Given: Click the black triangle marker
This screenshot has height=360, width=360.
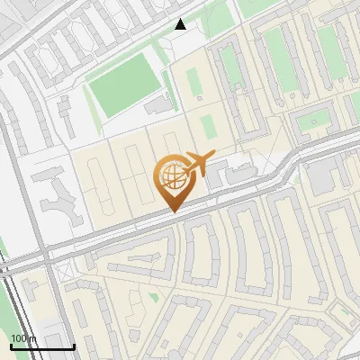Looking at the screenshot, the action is pyautogui.click(x=181, y=24).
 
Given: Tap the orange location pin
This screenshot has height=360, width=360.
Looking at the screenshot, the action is pyautogui.click(x=173, y=185).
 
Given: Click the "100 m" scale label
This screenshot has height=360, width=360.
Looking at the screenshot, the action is pyautogui.click(x=22, y=337).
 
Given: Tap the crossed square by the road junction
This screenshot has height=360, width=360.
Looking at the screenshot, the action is pyautogui.click(x=60, y=271).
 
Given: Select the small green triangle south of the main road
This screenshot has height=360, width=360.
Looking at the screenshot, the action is pyautogui.click(x=154, y=295).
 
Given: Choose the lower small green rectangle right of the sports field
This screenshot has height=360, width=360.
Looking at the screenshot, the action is pyautogui.click(x=208, y=125).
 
